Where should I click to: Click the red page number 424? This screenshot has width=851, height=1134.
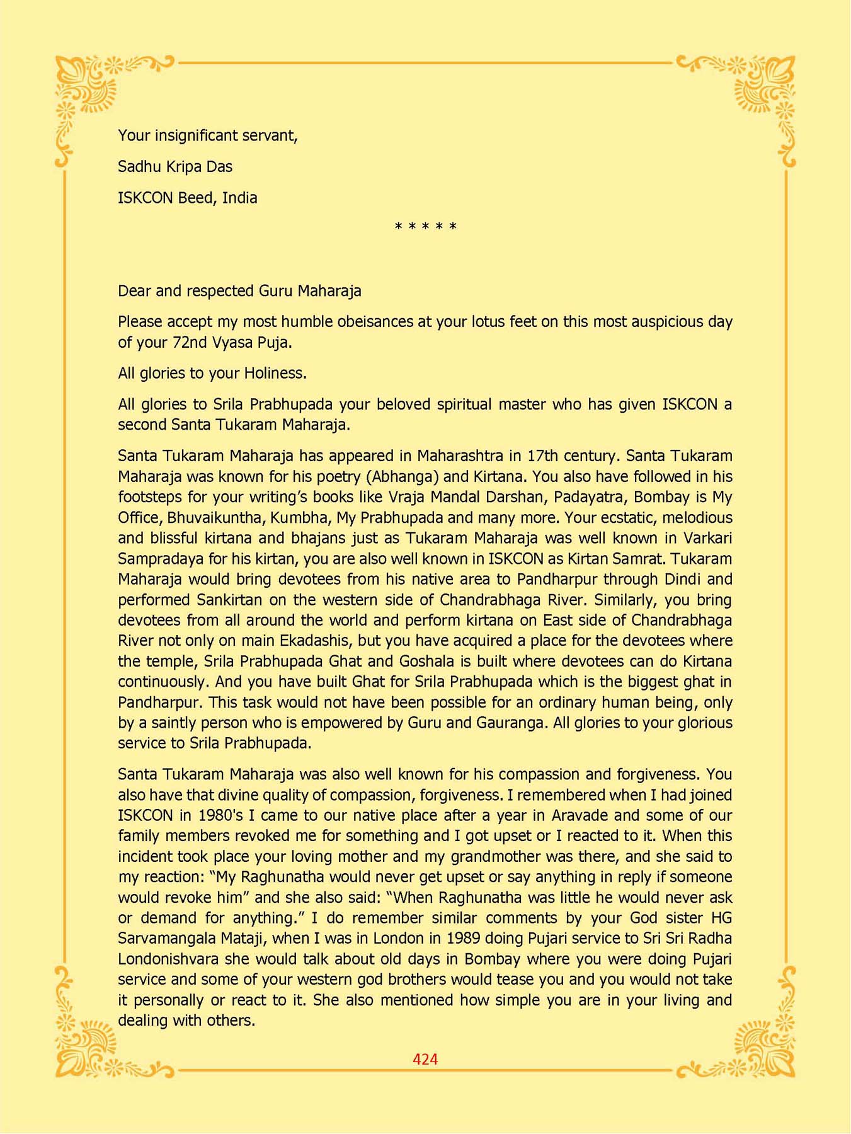[x=425, y=1059]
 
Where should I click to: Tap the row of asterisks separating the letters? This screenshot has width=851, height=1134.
[x=425, y=226]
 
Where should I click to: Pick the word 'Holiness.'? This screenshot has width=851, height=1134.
[x=275, y=373]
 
